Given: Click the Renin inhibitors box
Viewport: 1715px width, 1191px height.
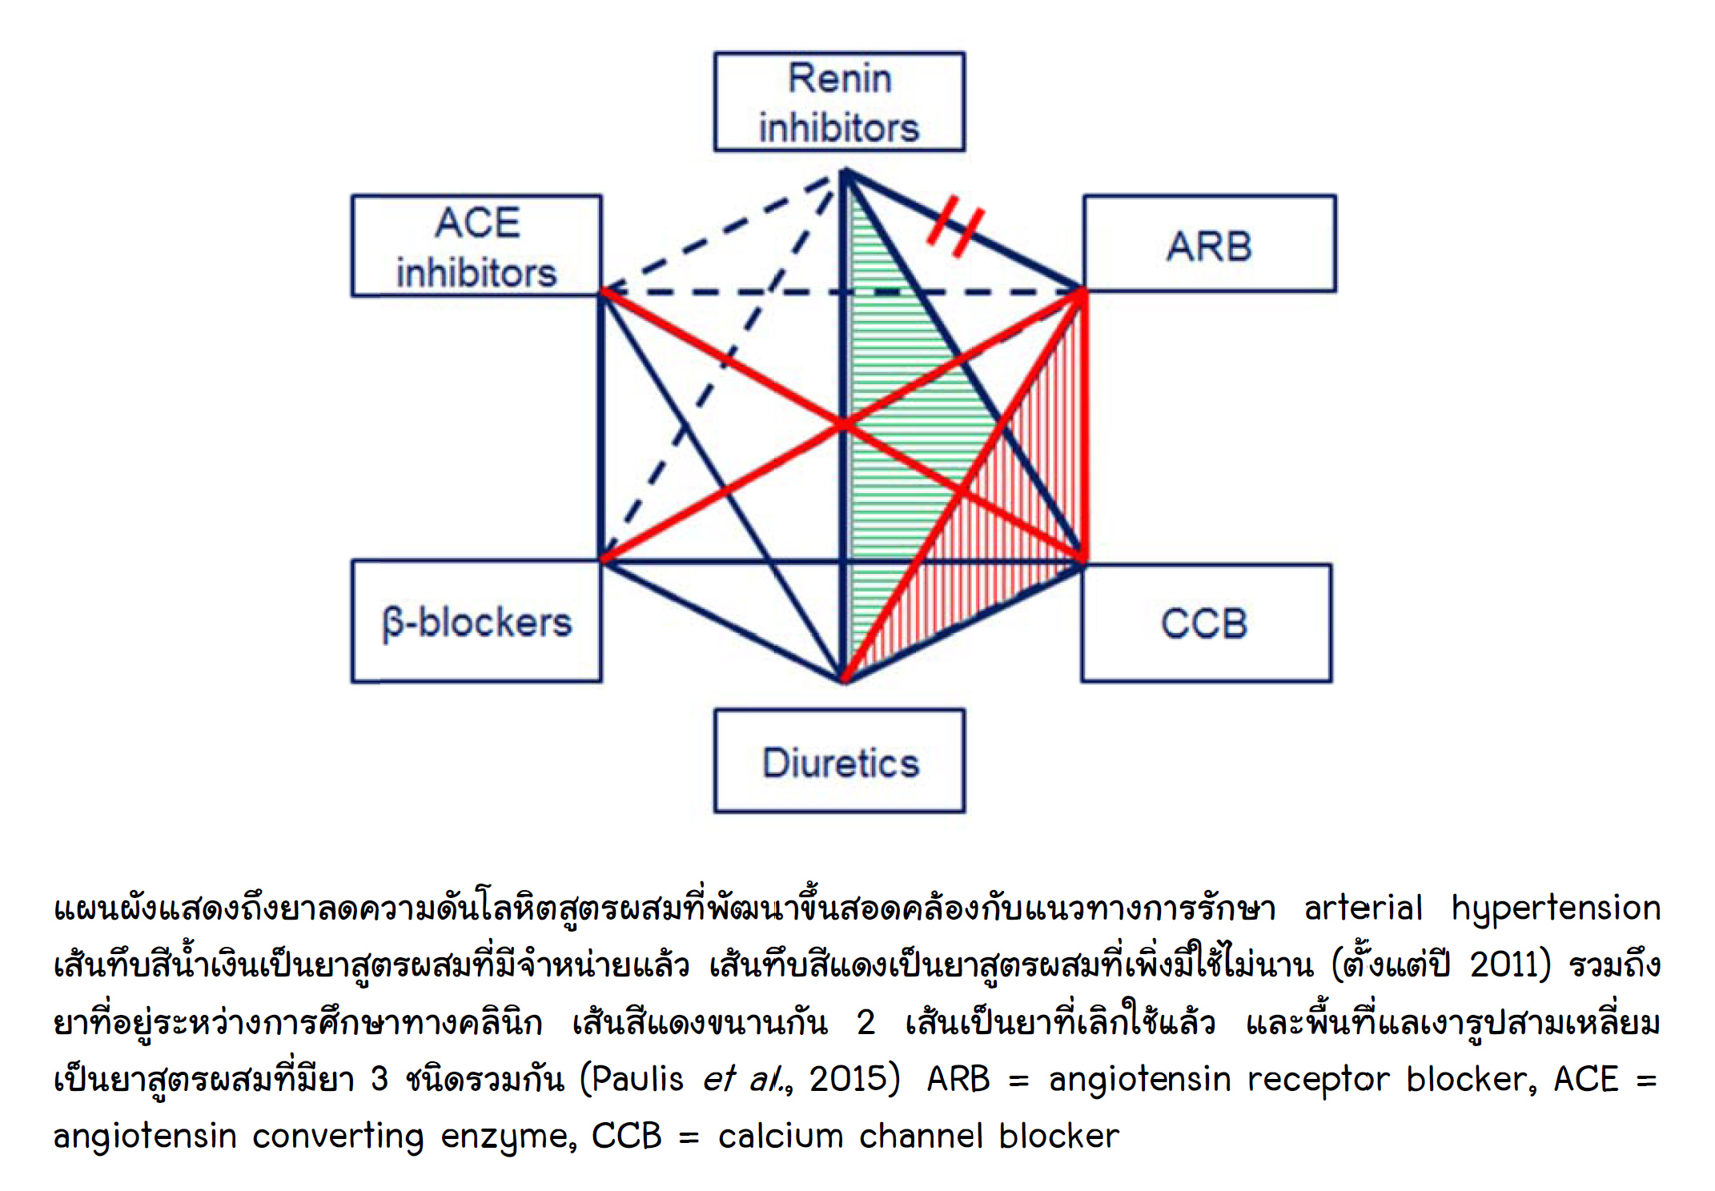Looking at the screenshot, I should pos(839,102).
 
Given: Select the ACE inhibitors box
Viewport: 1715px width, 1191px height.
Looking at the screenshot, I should pos(476,246).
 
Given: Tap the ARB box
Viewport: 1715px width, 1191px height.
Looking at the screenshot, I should pos(1209,244).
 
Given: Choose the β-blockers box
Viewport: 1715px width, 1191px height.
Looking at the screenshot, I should pos(476,621).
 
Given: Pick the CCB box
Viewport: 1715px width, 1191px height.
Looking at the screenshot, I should pos(1206,623).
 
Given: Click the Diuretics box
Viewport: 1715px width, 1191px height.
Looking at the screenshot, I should pos(839,761).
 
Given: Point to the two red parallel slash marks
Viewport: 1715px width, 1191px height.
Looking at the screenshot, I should pos(955,225).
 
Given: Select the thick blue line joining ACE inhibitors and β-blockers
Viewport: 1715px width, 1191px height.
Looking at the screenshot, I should pos(601,424).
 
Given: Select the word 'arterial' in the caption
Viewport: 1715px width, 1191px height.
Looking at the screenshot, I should pos(1363,908).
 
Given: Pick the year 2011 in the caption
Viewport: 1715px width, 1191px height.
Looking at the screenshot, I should pos(1503,964).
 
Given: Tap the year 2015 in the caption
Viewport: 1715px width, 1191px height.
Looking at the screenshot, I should pos(848,1079).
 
